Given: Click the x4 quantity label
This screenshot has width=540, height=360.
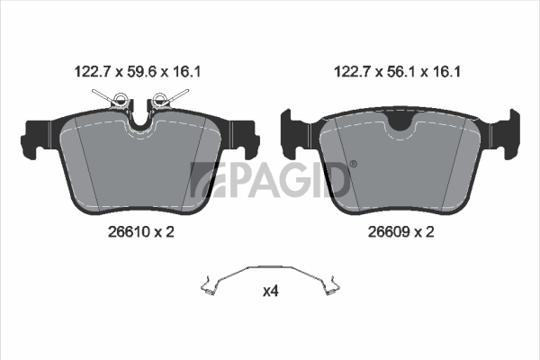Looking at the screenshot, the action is point(271,292).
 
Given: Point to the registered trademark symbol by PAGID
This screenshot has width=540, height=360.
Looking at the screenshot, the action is point(354,165).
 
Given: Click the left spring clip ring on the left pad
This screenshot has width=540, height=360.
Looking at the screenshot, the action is point(120,99).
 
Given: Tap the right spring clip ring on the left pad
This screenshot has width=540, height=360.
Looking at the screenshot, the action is point(159,99).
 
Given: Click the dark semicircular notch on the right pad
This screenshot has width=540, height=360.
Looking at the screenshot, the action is point(400,122).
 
